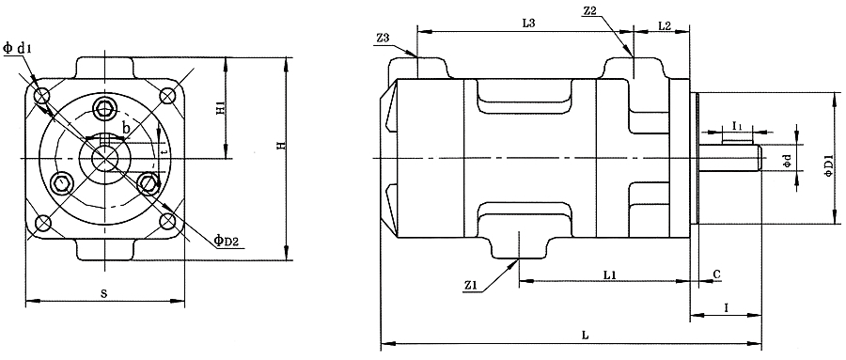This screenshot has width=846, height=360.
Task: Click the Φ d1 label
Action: (x=17, y=49)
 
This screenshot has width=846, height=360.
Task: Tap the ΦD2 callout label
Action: (x=226, y=241)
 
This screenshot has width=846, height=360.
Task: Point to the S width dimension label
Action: (x=104, y=293)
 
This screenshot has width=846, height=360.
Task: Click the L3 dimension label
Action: (x=528, y=23)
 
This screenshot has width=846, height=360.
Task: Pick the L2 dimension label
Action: (x=665, y=24)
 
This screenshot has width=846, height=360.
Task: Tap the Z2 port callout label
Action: (x=589, y=12)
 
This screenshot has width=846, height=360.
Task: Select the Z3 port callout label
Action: (x=383, y=38)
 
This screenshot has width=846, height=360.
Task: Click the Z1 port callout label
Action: (x=471, y=286)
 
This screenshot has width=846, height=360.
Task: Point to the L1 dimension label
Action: (x=610, y=274)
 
